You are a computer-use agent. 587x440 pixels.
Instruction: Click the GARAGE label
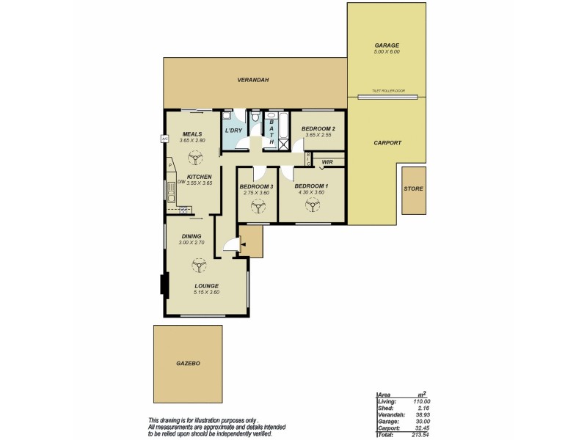tap(387, 45)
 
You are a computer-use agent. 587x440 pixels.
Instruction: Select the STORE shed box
tap(413, 189)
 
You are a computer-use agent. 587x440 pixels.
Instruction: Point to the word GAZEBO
tap(188, 363)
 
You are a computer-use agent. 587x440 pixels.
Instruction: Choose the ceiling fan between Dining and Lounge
tap(197, 265)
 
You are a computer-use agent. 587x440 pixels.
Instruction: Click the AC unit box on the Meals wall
tap(164, 138)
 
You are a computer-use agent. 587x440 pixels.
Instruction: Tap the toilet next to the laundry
tap(254, 118)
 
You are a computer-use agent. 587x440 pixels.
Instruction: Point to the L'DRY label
tap(233, 131)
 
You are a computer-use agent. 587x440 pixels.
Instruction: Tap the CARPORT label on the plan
tap(387, 143)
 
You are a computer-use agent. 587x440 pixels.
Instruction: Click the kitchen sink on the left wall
tap(170, 194)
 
